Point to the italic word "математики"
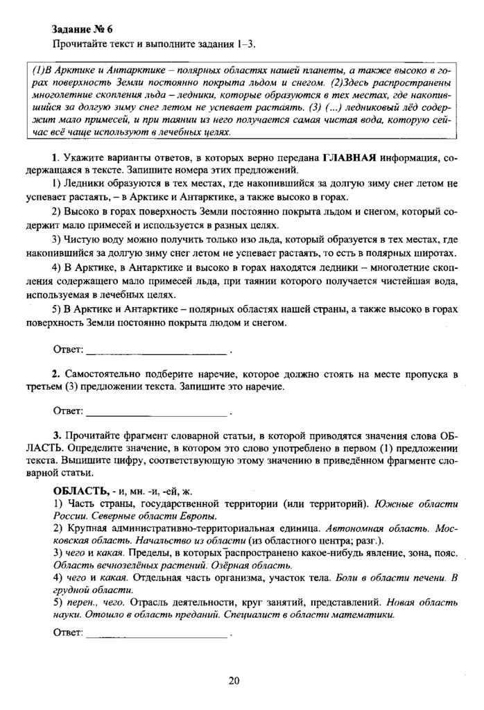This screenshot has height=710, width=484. [x=374, y=614]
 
